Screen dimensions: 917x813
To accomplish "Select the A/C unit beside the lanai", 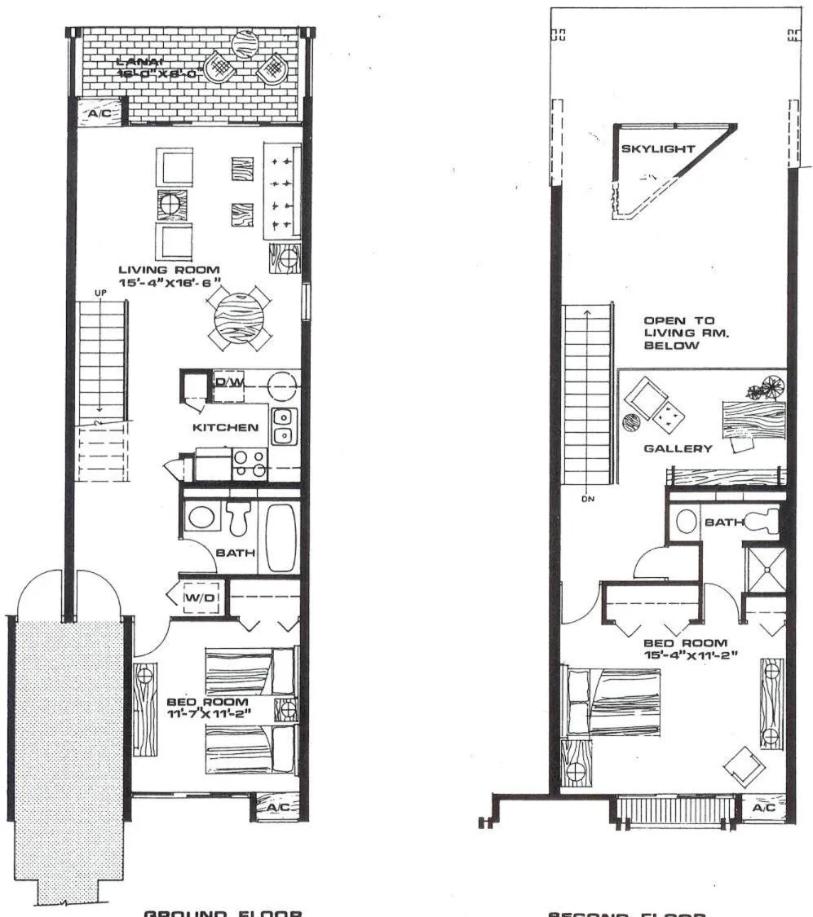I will click(99, 113).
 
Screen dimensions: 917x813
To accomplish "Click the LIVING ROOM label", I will click(169, 270).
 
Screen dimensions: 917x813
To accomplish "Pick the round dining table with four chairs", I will click(236, 318).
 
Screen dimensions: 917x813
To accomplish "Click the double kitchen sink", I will click(283, 425).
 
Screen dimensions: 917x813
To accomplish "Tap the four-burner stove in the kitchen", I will click(249, 464).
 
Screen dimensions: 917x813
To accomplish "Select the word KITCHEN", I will click(225, 427).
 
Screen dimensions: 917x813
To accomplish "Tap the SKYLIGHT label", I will click(658, 149).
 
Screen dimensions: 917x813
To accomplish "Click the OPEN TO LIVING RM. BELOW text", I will click(671, 333).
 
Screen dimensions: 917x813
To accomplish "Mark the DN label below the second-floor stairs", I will click(587, 500).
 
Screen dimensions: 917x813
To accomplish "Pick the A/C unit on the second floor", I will click(764, 808).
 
